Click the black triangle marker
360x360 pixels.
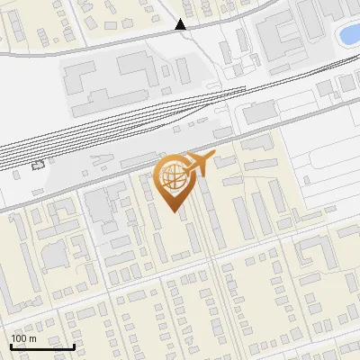click(x=182, y=25)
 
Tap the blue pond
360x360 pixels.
click(x=348, y=35)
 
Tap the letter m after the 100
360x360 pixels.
click(x=32, y=338)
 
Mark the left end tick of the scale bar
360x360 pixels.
click(x=10, y=346)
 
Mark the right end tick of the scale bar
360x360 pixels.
click(x=74, y=346)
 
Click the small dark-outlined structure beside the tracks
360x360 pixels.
click(x=37, y=166)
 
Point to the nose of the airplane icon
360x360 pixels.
click(x=211, y=157)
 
